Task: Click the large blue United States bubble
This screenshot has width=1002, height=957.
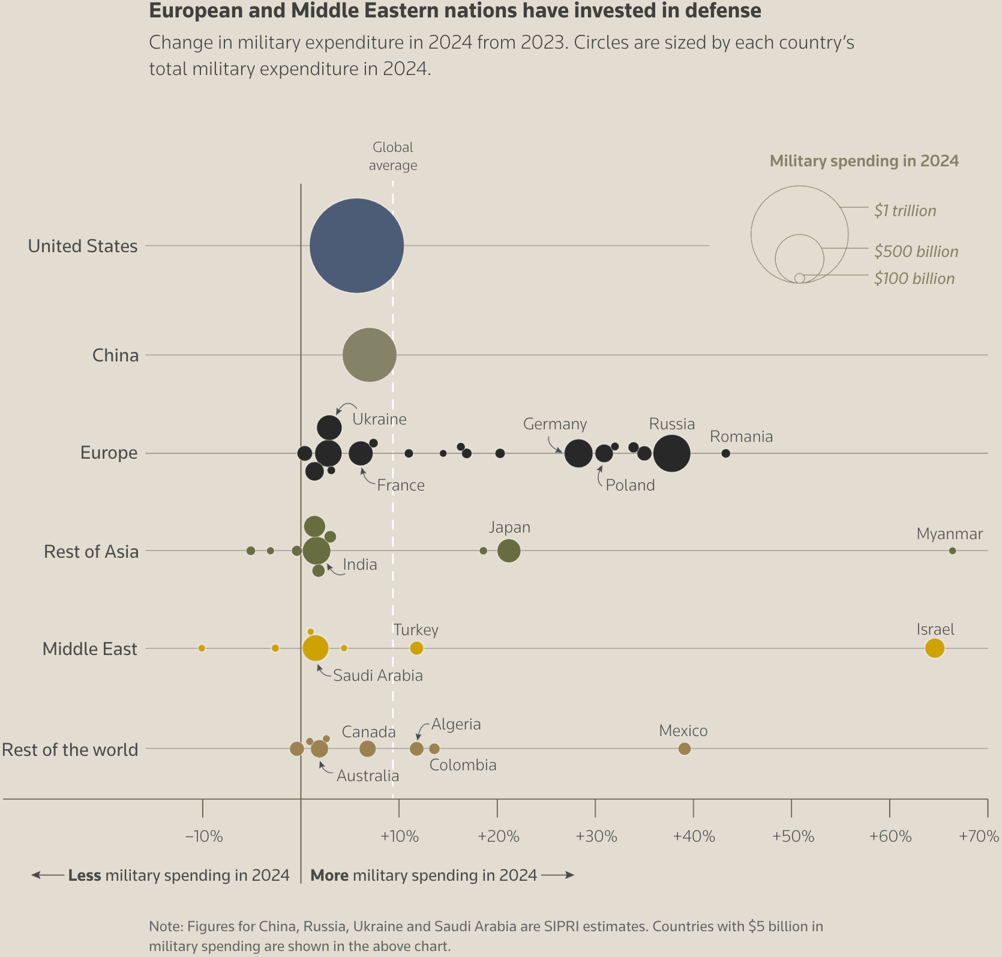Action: pos(356,246)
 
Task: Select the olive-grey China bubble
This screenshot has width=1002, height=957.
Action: pos(370,355)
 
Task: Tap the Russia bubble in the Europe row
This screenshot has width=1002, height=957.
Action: pos(671,453)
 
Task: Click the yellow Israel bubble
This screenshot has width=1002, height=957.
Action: pos(934,648)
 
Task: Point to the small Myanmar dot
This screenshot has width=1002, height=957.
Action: pos(952,551)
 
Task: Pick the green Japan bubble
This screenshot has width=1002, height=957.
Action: pos(509,551)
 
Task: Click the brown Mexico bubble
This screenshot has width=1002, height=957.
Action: pos(684,749)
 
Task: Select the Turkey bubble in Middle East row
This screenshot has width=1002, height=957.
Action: pos(416,648)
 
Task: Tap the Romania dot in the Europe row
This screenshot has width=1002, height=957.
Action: pos(725,453)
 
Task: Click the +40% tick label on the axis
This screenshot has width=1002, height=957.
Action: pos(694,836)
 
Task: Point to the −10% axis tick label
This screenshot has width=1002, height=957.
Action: pos(204,836)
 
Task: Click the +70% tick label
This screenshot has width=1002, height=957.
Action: pos(978,836)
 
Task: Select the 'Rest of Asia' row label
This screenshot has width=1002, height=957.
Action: pos(91,551)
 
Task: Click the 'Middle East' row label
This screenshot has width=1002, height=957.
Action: pos(90,649)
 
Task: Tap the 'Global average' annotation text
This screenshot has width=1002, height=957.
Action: pos(393,156)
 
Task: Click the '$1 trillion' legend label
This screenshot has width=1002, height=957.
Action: pos(905,211)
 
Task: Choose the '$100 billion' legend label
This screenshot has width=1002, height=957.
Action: pos(914,279)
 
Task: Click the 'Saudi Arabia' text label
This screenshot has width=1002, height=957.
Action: pos(378,675)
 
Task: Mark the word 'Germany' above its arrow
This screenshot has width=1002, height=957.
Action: pos(555,424)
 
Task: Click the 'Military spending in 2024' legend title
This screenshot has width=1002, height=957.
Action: pos(864,161)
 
